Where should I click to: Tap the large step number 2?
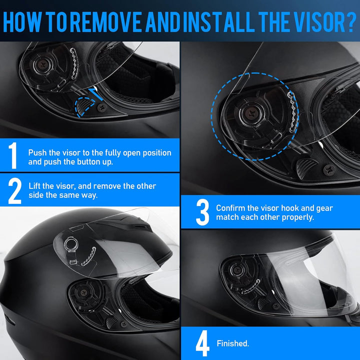tap(15, 190)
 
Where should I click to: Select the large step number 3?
tap(202, 212)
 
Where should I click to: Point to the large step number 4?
tap(202, 343)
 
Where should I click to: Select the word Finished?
tap(232, 344)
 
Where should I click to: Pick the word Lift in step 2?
tap(35, 186)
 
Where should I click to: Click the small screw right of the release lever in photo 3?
tap(329, 170)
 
